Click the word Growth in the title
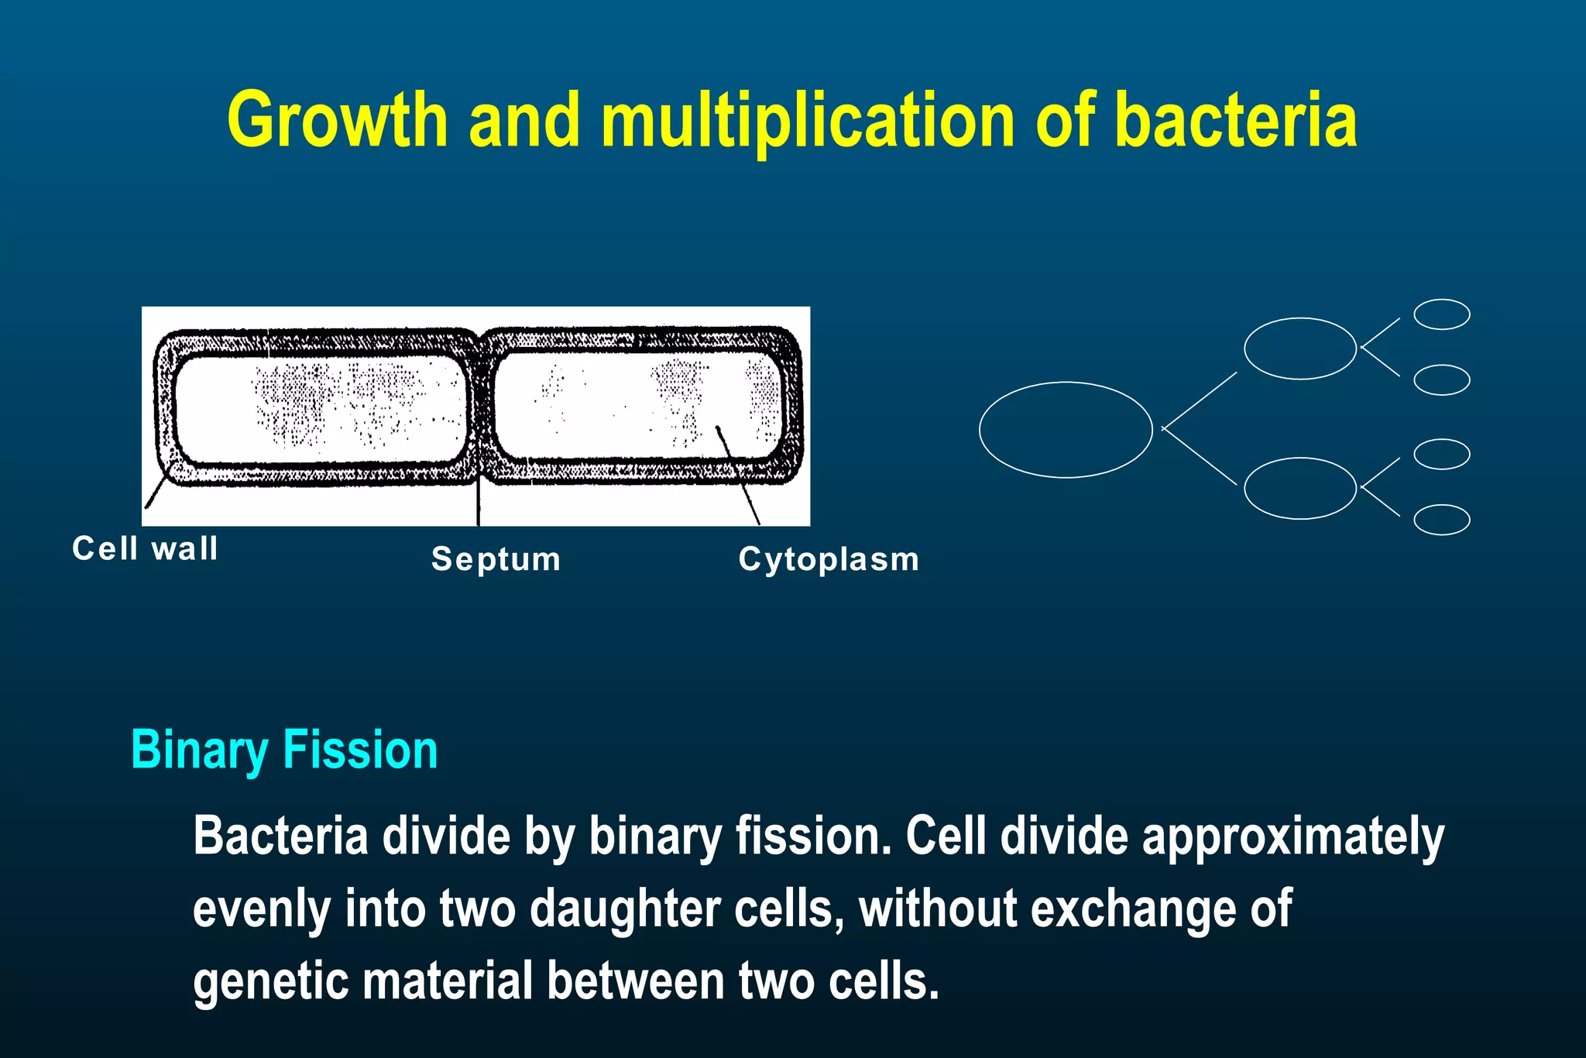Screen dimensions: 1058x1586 (x=338, y=120)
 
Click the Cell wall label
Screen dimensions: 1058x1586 (x=145, y=548)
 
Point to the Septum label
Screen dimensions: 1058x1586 (x=496, y=559)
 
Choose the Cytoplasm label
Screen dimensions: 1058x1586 (x=829, y=559)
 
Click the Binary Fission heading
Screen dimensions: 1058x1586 (x=284, y=750)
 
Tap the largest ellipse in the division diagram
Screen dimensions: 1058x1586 (x=1066, y=430)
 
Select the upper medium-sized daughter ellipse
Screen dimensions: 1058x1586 (x=1299, y=349)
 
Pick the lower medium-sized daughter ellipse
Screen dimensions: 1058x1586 (x=1299, y=488)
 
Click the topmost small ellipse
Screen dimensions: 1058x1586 (x=1441, y=314)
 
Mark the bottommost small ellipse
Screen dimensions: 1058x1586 (x=1441, y=520)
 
